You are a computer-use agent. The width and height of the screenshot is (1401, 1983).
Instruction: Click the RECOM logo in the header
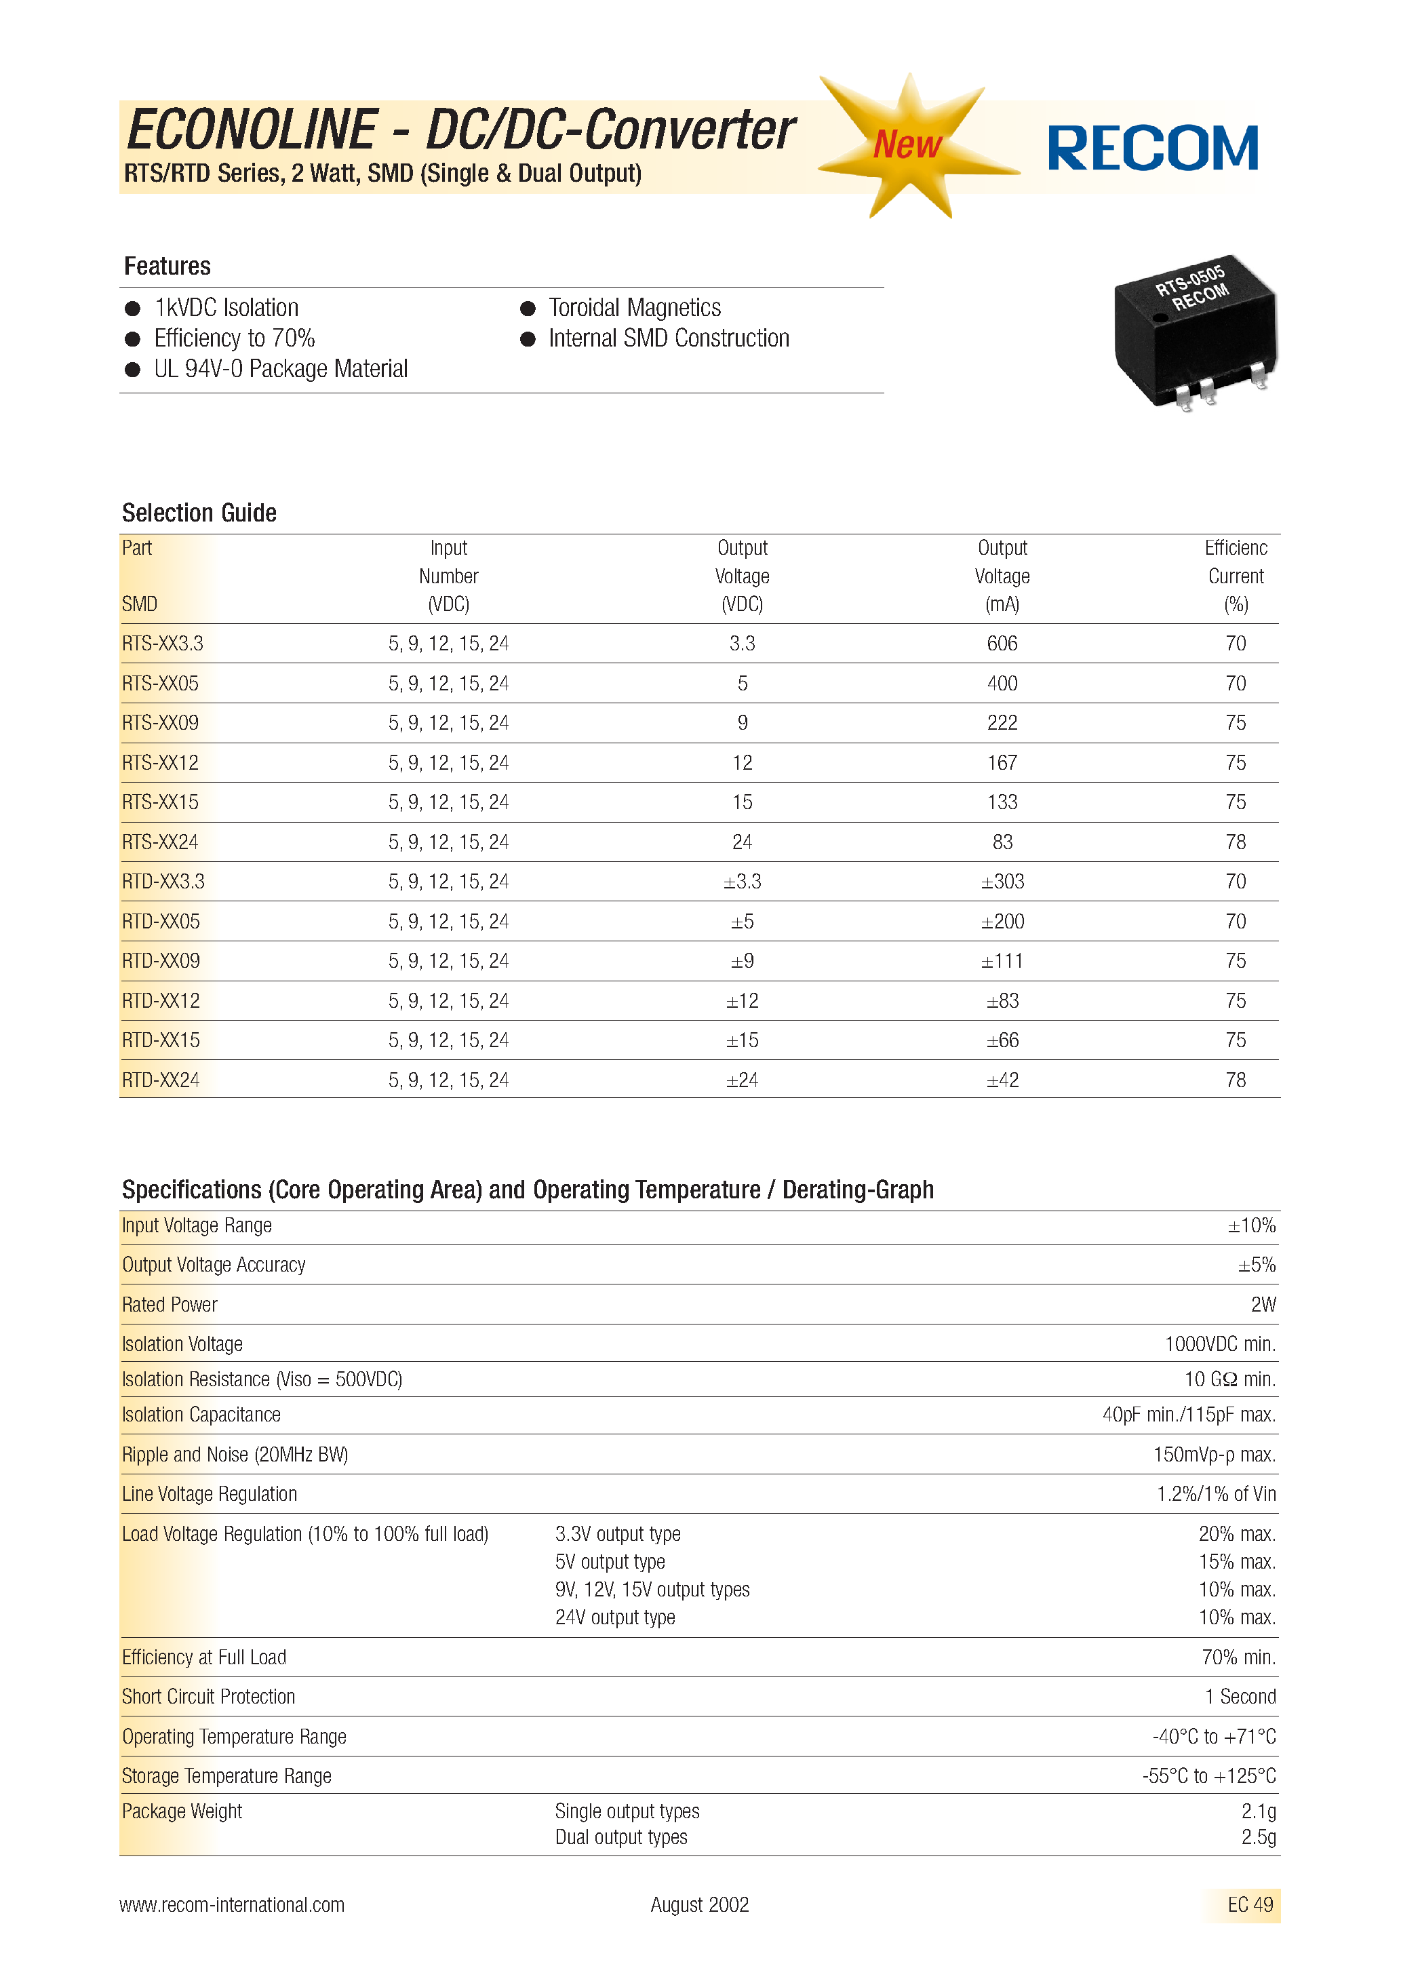point(1152,148)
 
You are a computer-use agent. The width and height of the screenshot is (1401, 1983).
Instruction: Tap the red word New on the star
point(907,144)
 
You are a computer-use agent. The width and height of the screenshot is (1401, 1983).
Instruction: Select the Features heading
point(167,266)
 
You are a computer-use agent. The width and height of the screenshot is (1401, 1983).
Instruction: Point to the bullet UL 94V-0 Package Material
point(280,369)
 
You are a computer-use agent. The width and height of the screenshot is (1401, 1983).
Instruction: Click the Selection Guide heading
point(199,513)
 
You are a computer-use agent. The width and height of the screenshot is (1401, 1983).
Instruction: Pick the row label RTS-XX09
point(160,723)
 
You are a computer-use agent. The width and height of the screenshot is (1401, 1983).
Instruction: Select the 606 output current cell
point(1002,644)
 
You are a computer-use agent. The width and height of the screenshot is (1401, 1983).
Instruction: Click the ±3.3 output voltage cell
point(742,882)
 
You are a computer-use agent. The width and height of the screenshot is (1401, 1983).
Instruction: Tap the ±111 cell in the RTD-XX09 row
point(1002,961)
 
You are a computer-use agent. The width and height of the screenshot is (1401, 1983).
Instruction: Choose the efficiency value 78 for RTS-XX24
point(1235,842)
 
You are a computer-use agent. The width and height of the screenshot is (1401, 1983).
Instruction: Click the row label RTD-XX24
point(161,1080)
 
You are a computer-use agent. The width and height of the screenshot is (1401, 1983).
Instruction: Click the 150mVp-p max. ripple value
point(1214,1455)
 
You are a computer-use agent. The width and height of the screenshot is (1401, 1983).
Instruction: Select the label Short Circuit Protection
point(208,1696)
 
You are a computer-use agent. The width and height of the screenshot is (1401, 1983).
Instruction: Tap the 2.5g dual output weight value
point(1258,1837)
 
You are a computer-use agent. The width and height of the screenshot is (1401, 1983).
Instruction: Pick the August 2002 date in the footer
point(700,1904)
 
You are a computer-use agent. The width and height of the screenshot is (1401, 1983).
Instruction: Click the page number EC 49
point(1250,1904)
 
